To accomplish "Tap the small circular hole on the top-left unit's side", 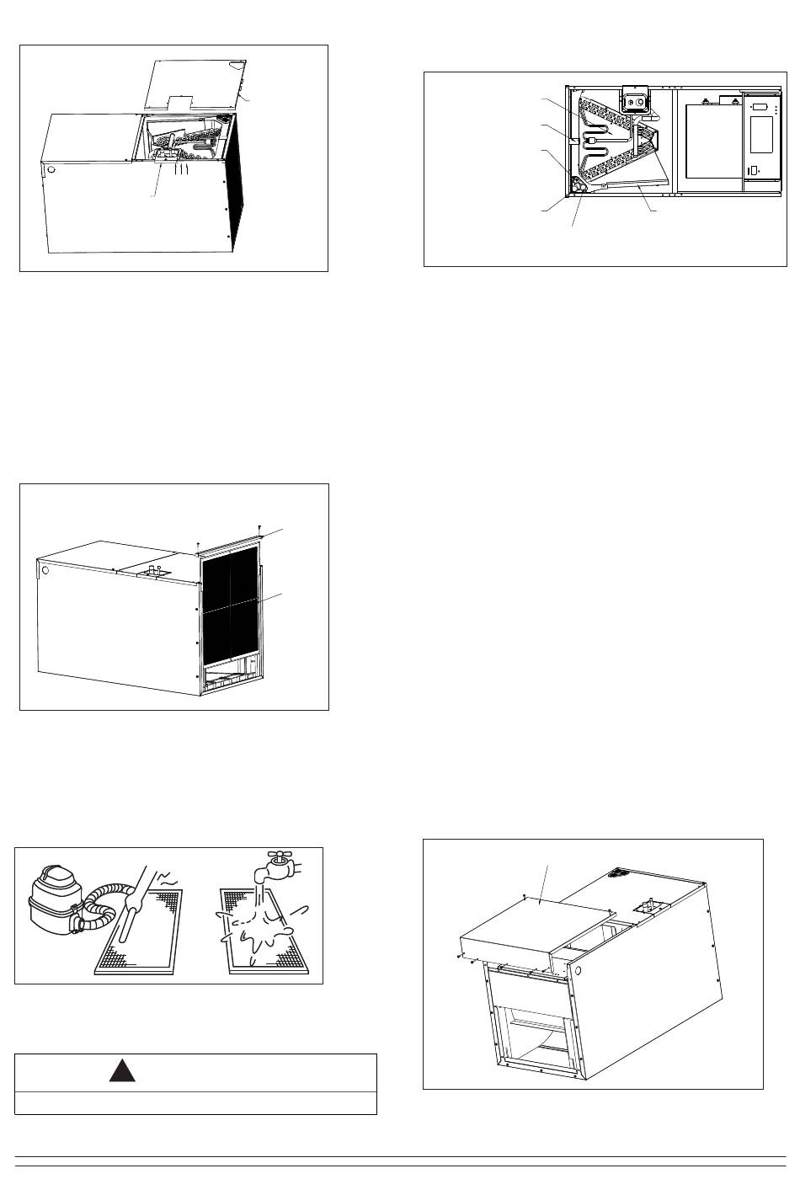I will pos(51,170).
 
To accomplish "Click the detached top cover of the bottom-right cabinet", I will pos(531,926).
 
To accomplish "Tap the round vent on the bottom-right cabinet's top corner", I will pos(621,872).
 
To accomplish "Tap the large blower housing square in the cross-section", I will pos(708,141).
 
